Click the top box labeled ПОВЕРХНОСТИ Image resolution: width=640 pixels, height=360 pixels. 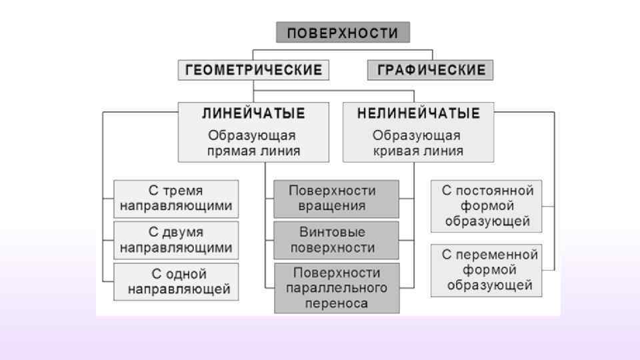tap(343, 33)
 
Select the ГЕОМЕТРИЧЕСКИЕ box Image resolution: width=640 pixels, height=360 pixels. tap(253, 70)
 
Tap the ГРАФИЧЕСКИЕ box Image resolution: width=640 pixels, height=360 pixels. tap(431, 70)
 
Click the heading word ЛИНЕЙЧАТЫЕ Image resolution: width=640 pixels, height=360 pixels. tap(253, 113)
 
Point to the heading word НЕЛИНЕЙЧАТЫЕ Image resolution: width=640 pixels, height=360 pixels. tap(418, 113)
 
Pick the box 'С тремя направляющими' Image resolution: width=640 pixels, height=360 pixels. tap(176, 199)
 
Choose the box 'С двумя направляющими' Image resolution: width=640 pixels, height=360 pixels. tap(176, 240)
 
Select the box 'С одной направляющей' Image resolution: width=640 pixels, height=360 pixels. tap(176, 281)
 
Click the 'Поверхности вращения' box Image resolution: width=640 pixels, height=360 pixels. tap(336, 199)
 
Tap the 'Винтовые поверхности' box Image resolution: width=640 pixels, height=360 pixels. tap(336, 240)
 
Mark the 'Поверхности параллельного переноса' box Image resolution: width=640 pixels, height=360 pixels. tap(336, 288)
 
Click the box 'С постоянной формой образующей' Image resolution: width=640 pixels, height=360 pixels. tap(486, 205)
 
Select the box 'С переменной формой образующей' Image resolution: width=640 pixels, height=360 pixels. tap(486, 270)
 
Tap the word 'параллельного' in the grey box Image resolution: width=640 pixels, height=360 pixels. tap(336, 288)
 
